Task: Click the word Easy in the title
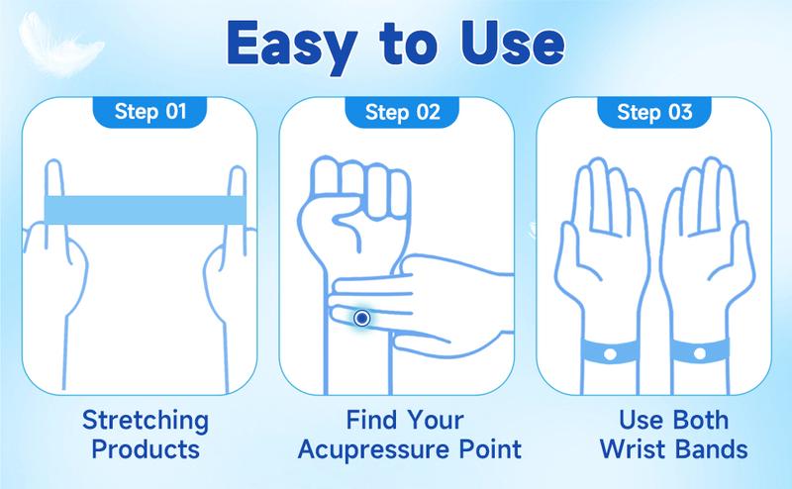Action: [290, 46]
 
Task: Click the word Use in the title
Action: [512, 44]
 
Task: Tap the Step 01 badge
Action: [150, 112]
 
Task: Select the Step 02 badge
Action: [402, 112]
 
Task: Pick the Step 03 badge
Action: [654, 112]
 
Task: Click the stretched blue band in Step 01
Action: [146, 210]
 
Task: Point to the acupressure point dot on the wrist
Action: [361, 319]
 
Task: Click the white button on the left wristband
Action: [610, 354]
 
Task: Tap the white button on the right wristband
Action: [700, 353]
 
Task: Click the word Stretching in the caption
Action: [146, 422]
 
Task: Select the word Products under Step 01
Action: [146, 449]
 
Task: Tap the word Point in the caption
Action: [490, 449]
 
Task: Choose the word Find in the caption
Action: [372, 420]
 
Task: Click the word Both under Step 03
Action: [700, 420]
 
